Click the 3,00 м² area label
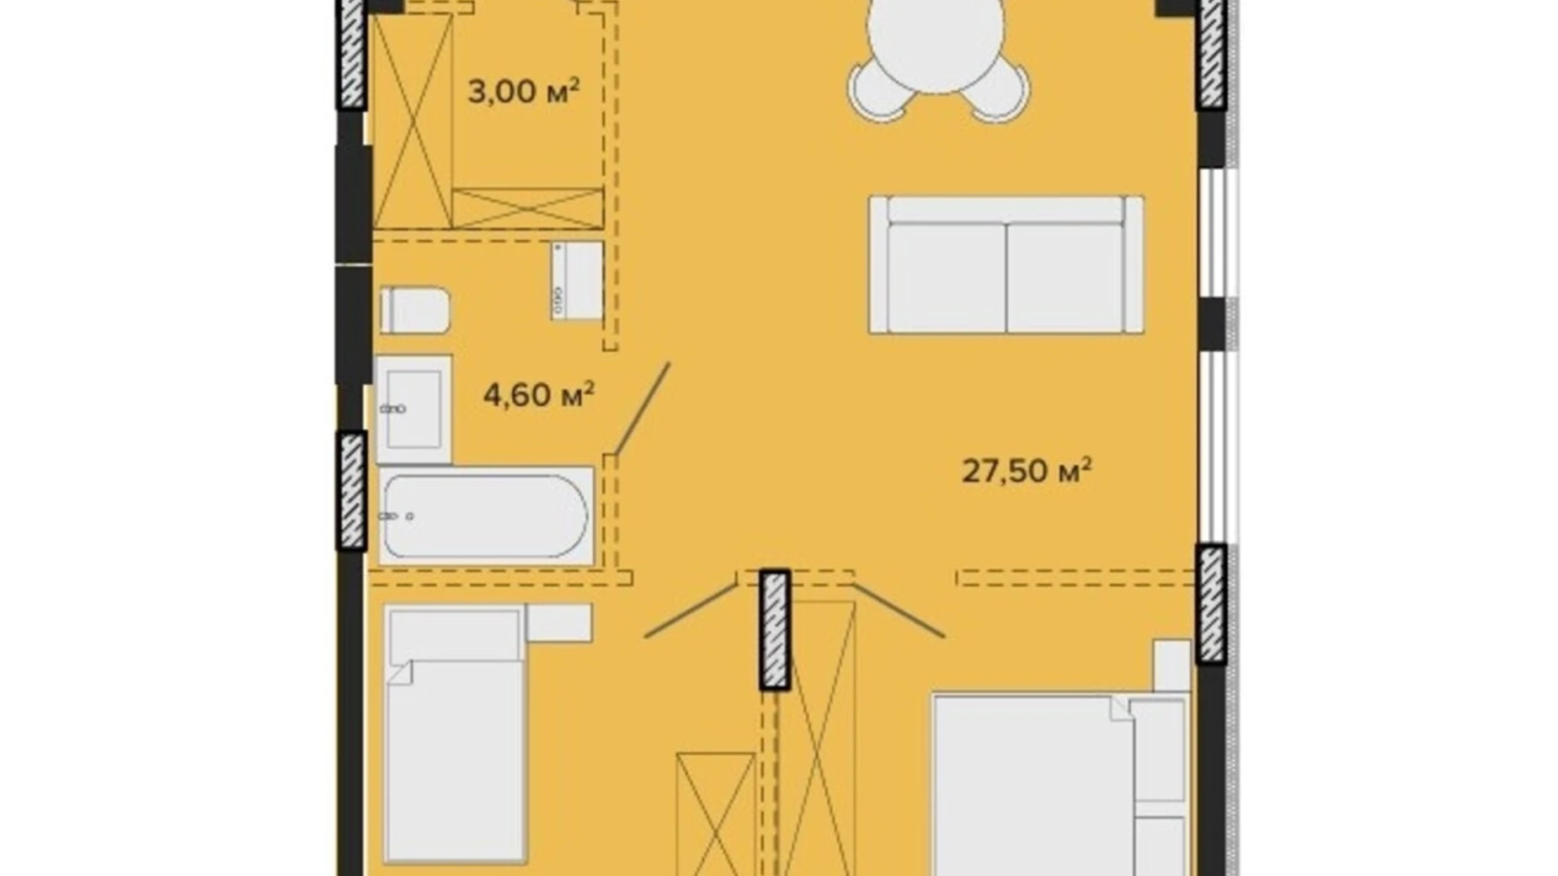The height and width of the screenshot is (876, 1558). [x=524, y=91]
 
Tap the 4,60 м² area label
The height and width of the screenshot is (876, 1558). [x=539, y=393]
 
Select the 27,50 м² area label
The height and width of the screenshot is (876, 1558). [x=1027, y=470]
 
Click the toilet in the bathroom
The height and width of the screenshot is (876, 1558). [x=415, y=310]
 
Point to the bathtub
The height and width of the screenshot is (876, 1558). [x=486, y=515]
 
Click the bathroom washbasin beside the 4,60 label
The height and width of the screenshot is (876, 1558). [x=413, y=409]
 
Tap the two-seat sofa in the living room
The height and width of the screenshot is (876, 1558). [x=1006, y=264]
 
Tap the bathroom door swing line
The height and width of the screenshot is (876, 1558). [x=643, y=409]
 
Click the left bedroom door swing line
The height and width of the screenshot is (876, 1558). [x=691, y=610]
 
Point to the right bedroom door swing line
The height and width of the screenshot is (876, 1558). [x=899, y=610]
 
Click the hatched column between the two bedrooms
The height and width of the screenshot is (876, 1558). [x=775, y=630]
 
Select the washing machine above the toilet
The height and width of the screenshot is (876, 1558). [x=577, y=280]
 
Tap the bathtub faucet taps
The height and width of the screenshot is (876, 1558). [x=398, y=516]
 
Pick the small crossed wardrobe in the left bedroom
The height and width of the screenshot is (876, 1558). [x=715, y=814]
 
